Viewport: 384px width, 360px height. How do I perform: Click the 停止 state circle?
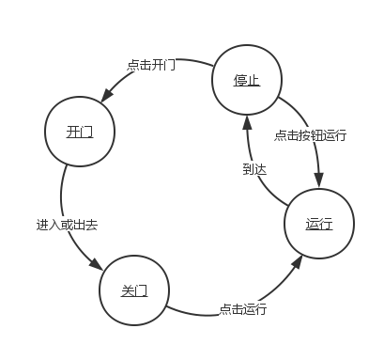click(246, 80)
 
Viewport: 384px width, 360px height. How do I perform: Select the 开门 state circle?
click(80, 132)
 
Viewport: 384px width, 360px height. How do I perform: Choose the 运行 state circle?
click(319, 225)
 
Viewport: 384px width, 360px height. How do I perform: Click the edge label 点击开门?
click(151, 65)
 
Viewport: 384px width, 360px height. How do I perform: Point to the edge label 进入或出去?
click(67, 225)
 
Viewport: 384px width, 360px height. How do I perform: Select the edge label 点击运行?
click(243, 307)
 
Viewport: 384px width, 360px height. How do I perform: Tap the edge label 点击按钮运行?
click(311, 134)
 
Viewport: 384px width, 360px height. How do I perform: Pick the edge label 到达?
click(254, 169)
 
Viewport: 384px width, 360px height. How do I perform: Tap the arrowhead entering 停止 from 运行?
click(247, 121)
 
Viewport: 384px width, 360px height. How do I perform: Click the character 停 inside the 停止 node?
click(240, 80)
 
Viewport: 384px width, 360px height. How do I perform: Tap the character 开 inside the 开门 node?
click(73, 132)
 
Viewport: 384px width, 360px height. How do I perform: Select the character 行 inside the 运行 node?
click(326, 225)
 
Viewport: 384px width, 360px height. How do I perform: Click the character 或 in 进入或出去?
click(67, 225)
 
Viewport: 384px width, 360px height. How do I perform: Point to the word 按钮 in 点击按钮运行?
click(311, 134)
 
